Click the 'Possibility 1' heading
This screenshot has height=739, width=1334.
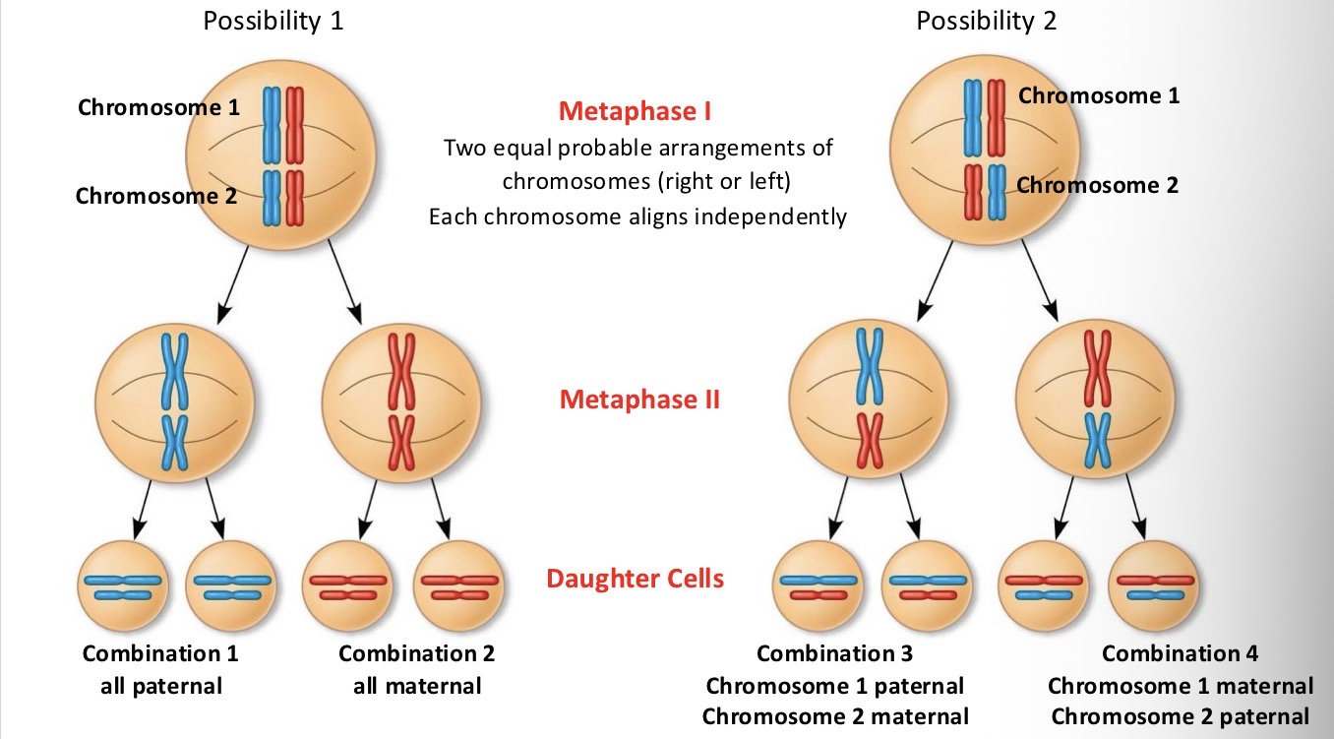pyautogui.click(x=273, y=21)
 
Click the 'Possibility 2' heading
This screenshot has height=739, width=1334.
pyautogui.click(x=986, y=21)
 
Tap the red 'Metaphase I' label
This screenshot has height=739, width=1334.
pyautogui.click(x=635, y=111)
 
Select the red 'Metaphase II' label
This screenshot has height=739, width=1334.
pyautogui.click(x=639, y=400)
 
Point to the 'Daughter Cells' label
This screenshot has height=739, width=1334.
pyautogui.click(x=635, y=578)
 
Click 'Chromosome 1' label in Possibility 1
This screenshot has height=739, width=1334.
pyautogui.click(x=158, y=107)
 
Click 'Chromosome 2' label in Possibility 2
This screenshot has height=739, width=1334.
pyautogui.click(x=1097, y=185)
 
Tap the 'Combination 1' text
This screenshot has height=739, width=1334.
pyautogui.click(x=160, y=653)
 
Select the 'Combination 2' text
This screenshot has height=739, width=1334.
pyautogui.click(x=416, y=653)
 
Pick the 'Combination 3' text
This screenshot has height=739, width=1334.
pyautogui.click(x=834, y=653)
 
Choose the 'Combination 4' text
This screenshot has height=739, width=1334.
pyautogui.click(x=1180, y=653)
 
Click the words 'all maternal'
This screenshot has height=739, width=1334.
pyautogui.click(x=417, y=685)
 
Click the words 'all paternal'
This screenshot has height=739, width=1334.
pyautogui.click(x=161, y=685)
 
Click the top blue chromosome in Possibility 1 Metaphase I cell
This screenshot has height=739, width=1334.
pyautogui.click(x=272, y=124)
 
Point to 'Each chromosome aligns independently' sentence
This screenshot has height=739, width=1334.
pyautogui.click(x=637, y=216)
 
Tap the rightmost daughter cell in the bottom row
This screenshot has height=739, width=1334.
pyautogui.click(x=1153, y=586)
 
